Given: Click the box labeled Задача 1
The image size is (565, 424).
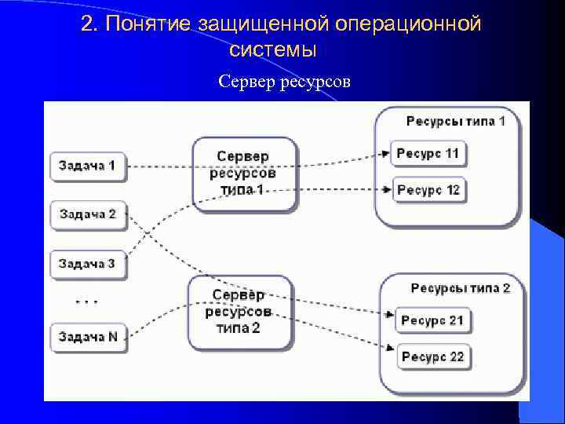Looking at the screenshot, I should click(x=87, y=166).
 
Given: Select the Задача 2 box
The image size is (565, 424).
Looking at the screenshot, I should click(x=87, y=214).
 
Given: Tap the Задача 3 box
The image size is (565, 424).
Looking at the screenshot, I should click(x=87, y=264).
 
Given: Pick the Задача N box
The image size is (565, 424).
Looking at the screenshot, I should click(x=87, y=337).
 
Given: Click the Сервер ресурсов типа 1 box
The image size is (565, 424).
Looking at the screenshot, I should click(x=243, y=174).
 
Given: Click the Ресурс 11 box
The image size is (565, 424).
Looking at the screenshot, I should click(x=428, y=153).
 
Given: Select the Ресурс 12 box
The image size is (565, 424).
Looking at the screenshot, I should click(x=428, y=190).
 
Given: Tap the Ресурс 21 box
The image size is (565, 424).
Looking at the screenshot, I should click(x=432, y=320).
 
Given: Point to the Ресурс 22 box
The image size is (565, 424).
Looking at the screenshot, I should click(x=432, y=356).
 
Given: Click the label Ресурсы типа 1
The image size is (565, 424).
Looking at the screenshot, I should click(x=455, y=121).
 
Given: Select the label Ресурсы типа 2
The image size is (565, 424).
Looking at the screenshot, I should click(x=460, y=288).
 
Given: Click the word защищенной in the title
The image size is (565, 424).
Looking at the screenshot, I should click(x=267, y=25).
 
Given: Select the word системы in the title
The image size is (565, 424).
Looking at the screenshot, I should click(x=273, y=50).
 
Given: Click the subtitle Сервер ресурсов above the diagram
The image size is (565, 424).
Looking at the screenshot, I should click(x=284, y=81).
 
